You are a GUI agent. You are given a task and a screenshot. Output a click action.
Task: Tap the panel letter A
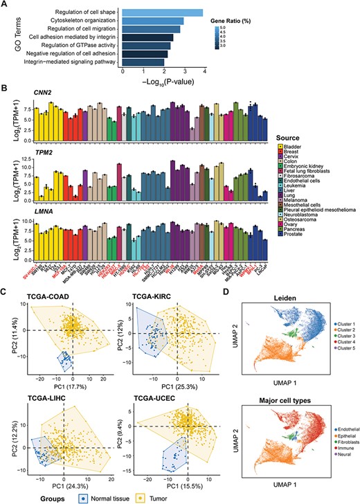point(5,5)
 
